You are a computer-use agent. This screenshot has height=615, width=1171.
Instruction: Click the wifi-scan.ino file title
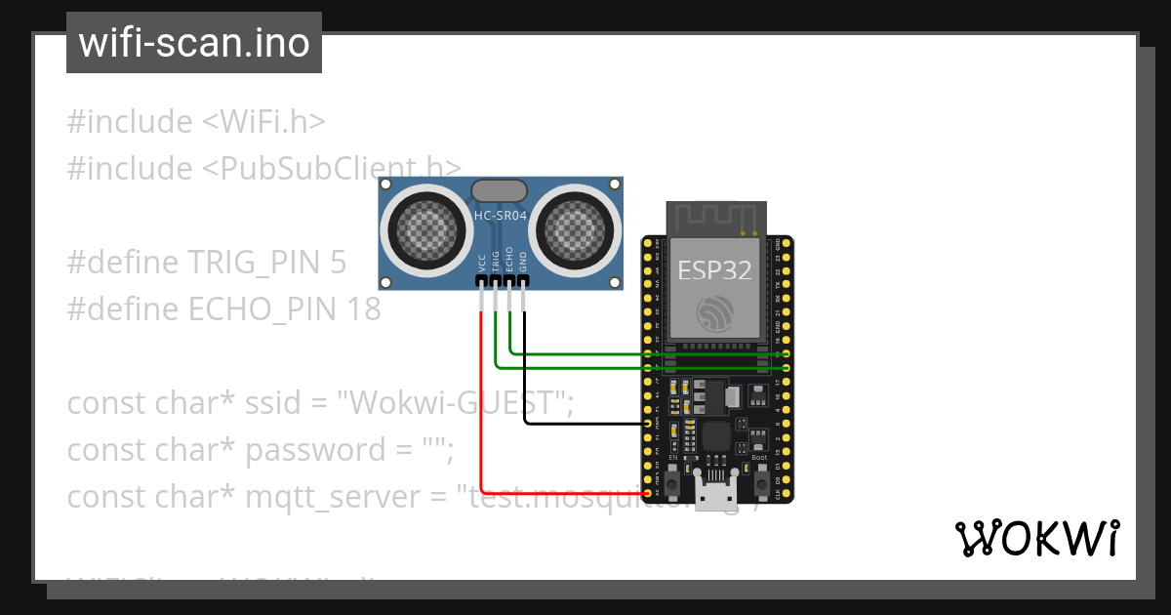click(193, 44)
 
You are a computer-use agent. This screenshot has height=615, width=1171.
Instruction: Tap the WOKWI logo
click(1036, 539)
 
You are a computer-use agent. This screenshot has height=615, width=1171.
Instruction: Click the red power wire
click(481, 410)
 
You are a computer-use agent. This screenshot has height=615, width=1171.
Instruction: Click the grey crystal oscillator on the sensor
click(499, 189)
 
